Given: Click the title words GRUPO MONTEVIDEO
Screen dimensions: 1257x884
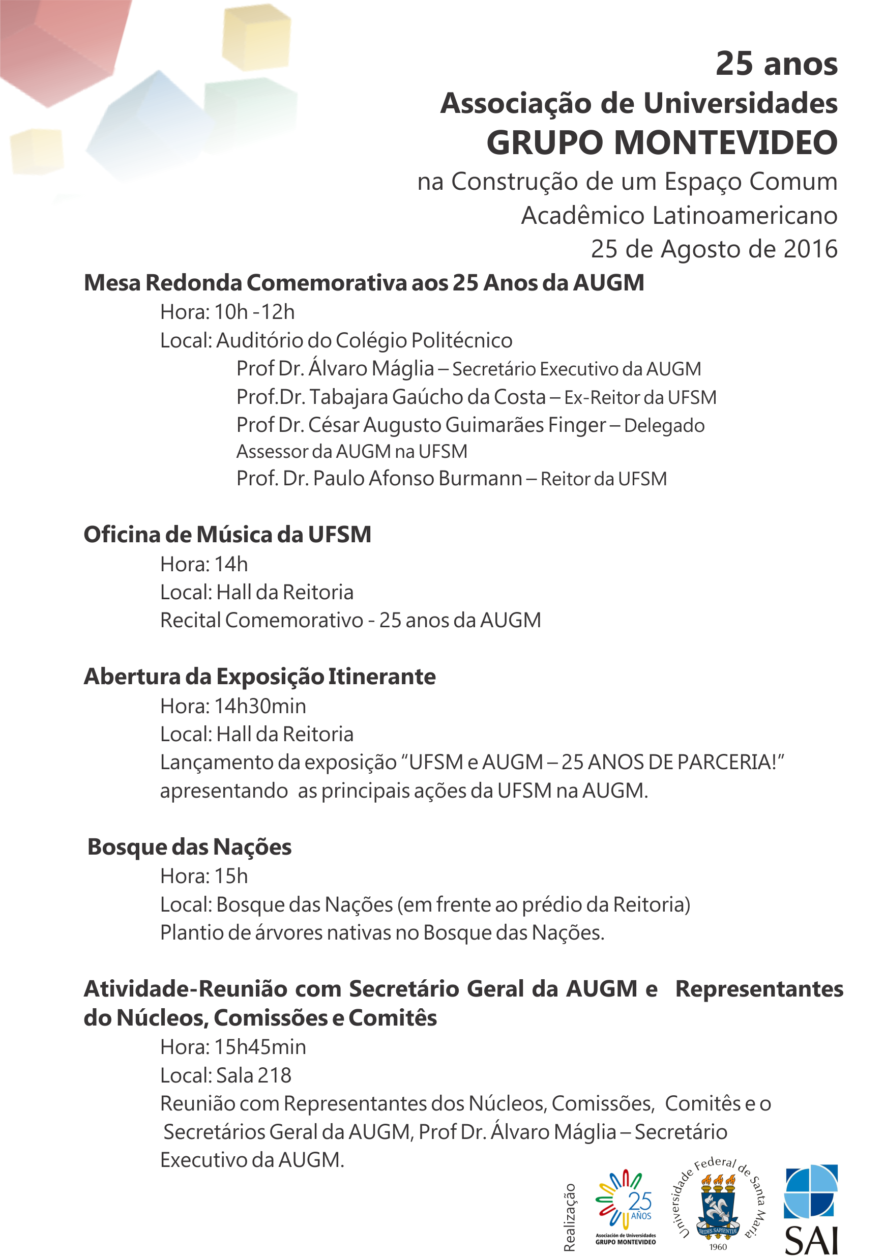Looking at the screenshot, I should coord(661,143).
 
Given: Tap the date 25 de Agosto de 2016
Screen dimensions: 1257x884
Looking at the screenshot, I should coord(714,249).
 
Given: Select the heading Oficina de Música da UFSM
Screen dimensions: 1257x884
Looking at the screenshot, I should coord(227,535).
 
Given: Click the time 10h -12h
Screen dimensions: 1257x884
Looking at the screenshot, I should coord(254,312).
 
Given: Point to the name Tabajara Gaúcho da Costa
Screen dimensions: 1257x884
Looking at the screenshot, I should coord(427,397).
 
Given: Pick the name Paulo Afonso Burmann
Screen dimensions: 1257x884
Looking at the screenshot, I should coord(417,479).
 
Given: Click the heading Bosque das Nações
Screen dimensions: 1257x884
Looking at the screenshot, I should coord(189,847).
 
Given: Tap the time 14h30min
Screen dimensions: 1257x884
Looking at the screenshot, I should coord(260,706).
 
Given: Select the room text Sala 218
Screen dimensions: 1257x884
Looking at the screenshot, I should coord(254,1075).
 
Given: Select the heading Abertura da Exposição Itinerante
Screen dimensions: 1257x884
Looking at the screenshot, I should coord(259,677).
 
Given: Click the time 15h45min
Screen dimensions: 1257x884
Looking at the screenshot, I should coord(260,1047).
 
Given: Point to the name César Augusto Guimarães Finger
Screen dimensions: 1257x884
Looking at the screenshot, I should coord(457,425).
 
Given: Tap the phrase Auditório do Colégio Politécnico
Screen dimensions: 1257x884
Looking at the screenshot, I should coord(365,340).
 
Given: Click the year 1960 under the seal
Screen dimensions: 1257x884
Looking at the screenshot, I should coord(718,1247).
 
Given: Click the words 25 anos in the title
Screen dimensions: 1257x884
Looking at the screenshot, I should coord(776,64).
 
